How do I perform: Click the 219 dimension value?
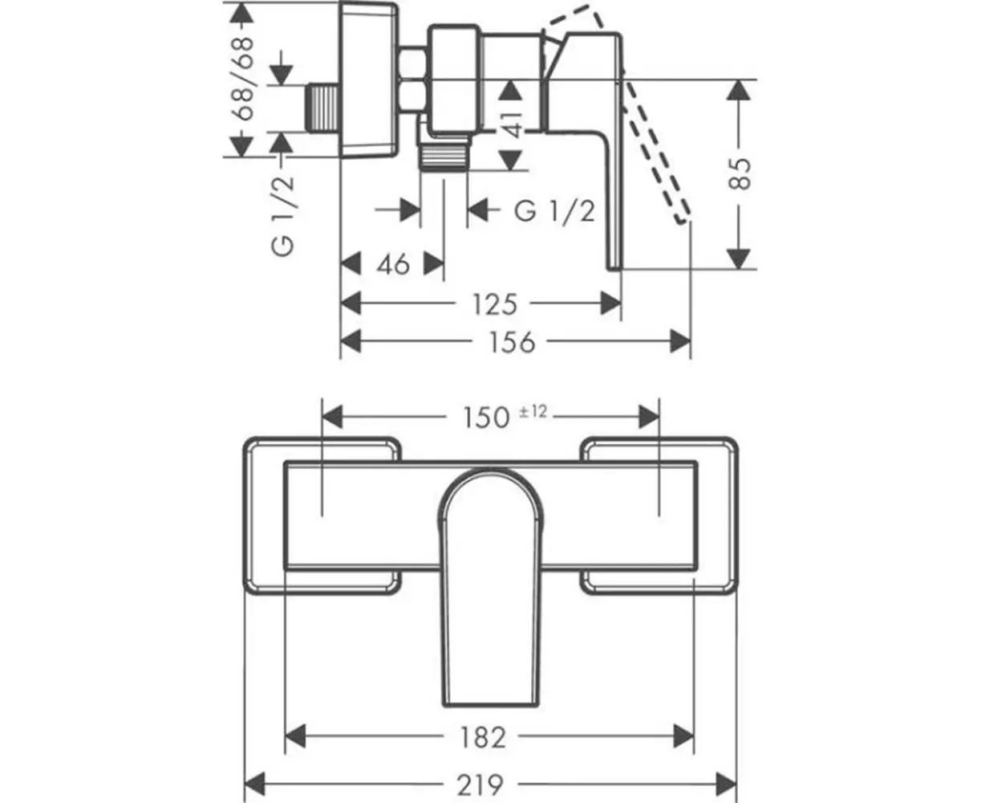click(x=483, y=783)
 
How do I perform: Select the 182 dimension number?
click(x=484, y=736)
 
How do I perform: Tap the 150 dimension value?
click(x=487, y=417)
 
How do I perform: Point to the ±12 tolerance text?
click(x=533, y=411)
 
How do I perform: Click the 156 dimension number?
click(x=511, y=342)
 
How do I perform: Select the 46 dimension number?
click(x=393, y=263)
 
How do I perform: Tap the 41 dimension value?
click(x=513, y=120)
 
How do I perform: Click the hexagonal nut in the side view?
click(x=412, y=80)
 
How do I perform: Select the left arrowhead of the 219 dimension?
click(x=255, y=782)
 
